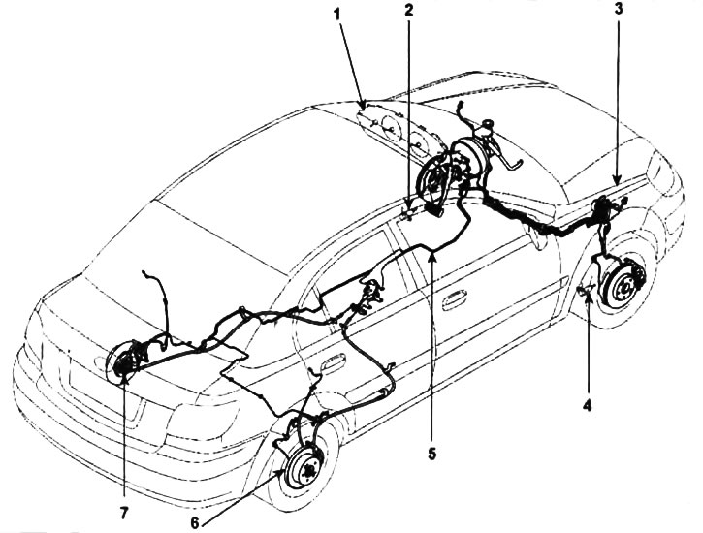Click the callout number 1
tap(337, 14)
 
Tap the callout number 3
tap(619, 10)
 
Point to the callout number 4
tap(588, 405)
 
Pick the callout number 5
tap(431, 454)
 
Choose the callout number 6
tap(195, 522)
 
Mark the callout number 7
tap(124, 513)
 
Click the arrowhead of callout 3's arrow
tap(617, 180)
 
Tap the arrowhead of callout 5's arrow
tap(431, 256)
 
